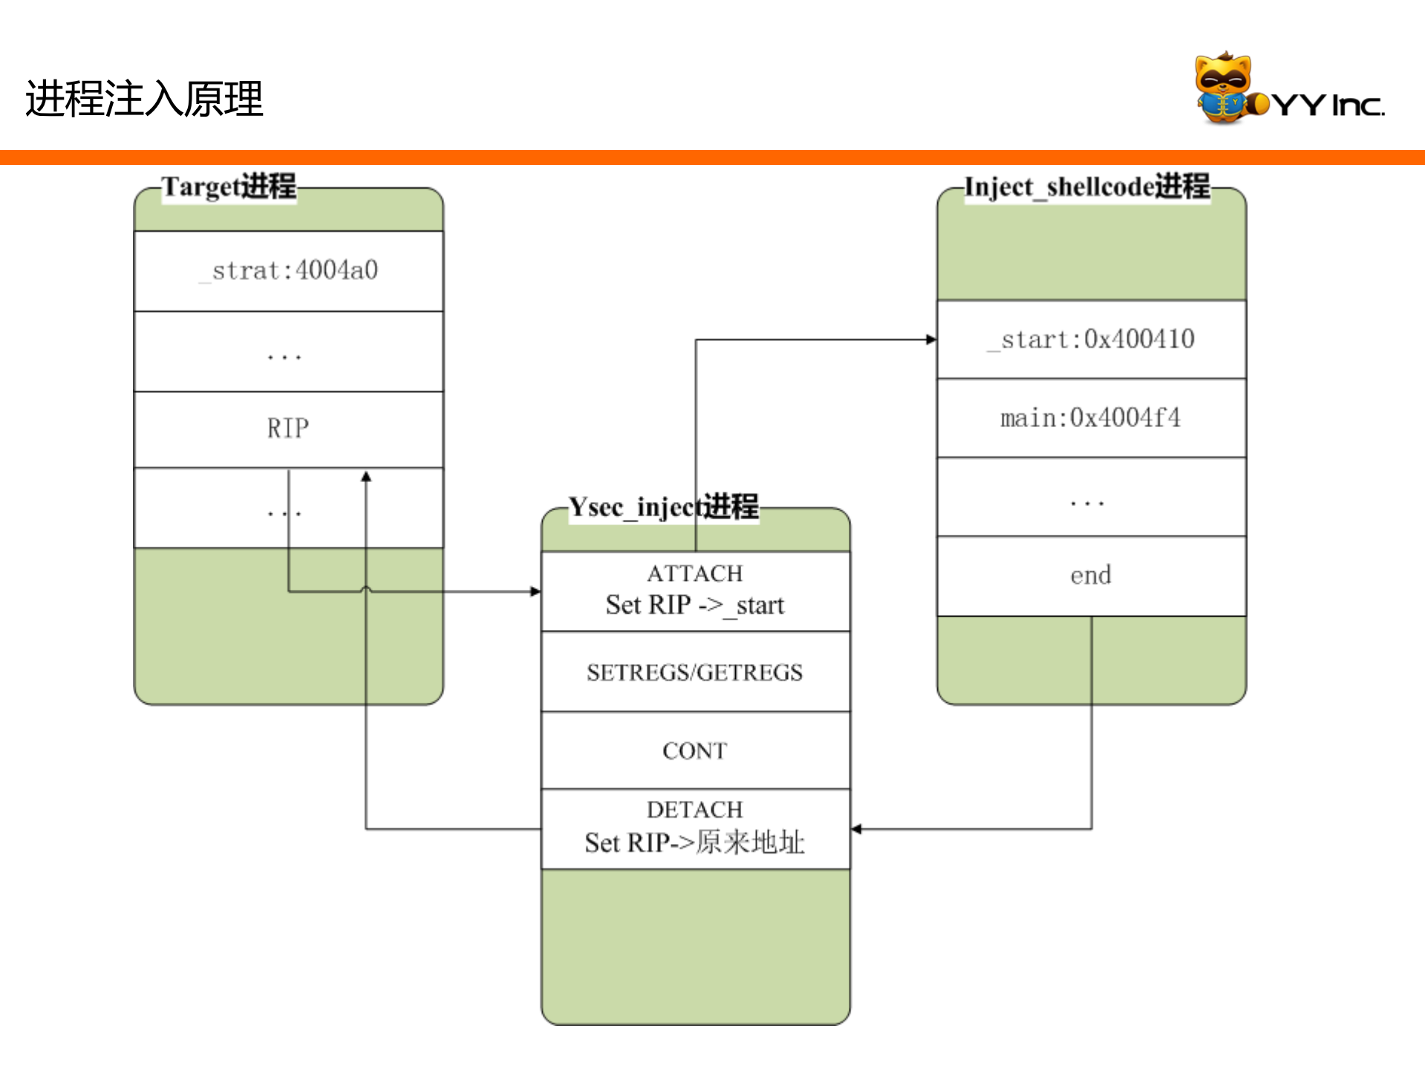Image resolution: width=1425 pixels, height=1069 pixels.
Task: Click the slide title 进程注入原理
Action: pos(144,99)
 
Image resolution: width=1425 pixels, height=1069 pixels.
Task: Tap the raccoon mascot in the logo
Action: pos(1223,87)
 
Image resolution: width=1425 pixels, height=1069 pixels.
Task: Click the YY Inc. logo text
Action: pos(1329,105)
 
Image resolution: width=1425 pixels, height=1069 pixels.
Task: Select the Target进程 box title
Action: pos(229,186)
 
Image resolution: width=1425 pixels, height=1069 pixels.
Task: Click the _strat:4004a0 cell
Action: pos(288,270)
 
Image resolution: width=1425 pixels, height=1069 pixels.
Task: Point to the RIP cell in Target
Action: pos(288,429)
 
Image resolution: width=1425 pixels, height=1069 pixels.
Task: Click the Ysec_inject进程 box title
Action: pos(663,507)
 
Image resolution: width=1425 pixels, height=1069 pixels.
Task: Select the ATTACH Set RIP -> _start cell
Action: pos(695,591)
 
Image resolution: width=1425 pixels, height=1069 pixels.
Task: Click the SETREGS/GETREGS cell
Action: pos(695,672)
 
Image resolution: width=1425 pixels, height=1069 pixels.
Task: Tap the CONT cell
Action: pos(695,750)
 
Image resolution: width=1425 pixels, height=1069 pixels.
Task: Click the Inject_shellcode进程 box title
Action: pos(1086,186)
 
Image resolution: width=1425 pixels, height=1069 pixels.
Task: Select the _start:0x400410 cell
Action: pos(1091,339)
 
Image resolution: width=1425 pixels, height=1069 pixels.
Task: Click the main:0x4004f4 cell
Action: pos(1091,417)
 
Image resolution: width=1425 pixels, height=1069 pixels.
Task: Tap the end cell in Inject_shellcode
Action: pos(1091,576)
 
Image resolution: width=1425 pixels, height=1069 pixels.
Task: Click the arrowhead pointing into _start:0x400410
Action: pos(931,339)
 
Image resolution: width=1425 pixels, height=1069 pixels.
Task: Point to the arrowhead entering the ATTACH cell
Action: pos(535,591)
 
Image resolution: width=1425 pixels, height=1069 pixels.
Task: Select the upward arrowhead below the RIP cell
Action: pos(366,477)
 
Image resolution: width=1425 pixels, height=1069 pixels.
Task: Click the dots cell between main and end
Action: pos(1091,497)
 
